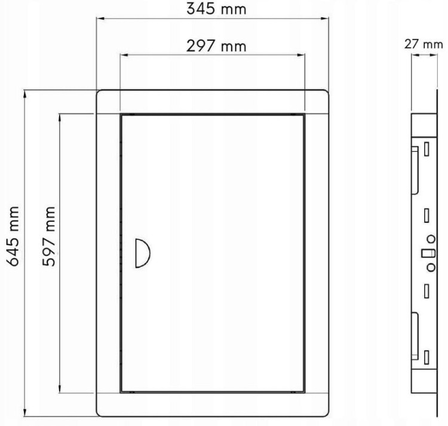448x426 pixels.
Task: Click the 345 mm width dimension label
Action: click(x=216, y=9)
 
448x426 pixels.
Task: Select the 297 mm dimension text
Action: click(x=216, y=46)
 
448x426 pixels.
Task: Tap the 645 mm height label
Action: click(x=13, y=236)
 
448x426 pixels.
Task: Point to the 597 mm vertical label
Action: click(x=49, y=236)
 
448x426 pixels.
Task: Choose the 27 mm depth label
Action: click(x=424, y=45)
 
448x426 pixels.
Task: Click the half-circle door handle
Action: click(x=143, y=253)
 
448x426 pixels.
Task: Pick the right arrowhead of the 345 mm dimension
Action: click(x=324, y=19)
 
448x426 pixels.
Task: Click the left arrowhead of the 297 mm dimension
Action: click(x=124, y=55)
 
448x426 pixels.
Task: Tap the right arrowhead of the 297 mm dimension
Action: click(x=301, y=55)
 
